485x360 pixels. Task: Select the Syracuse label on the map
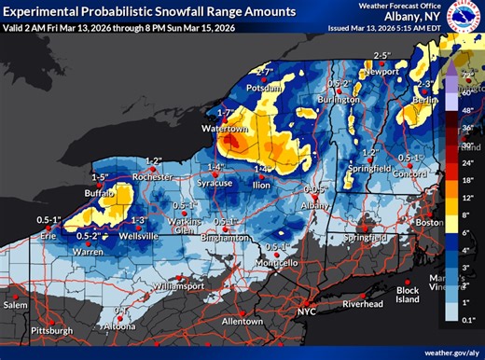tap(215, 183)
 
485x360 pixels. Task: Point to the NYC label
tap(308, 309)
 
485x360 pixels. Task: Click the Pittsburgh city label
tap(51, 330)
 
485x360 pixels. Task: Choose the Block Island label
tap(408, 294)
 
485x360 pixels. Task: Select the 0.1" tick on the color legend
tap(470, 320)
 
